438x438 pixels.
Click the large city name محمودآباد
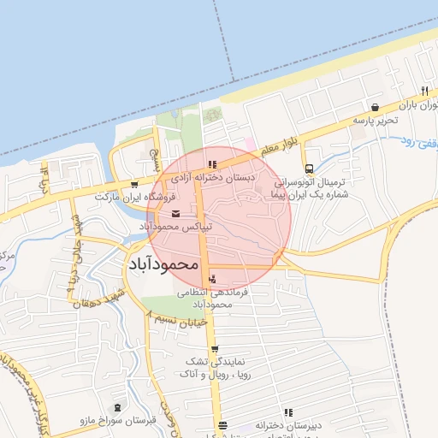(x=163, y=264)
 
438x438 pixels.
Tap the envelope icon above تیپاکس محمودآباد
(x=176, y=214)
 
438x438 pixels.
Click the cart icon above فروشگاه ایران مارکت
(x=134, y=185)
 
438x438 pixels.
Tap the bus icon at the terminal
(x=308, y=169)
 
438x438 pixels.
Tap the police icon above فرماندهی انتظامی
(x=212, y=278)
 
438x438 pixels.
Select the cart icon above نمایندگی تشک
(x=214, y=349)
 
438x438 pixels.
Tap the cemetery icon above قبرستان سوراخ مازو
(x=117, y=408)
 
